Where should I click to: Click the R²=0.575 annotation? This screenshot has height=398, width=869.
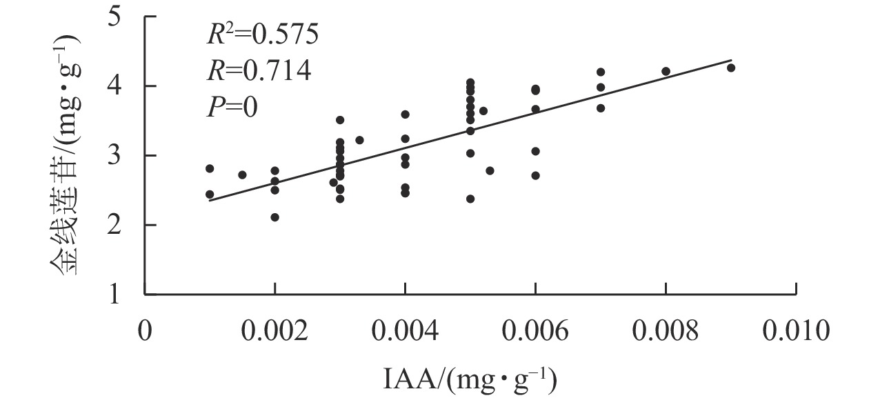point(263,34)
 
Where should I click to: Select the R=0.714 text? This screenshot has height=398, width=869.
point(259,70)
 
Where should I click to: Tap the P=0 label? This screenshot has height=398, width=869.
point(232,107)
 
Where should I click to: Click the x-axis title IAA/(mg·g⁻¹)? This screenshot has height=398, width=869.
point(470,379)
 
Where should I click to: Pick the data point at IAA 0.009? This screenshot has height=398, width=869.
point(731,68)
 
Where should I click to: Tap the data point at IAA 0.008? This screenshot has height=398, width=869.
point(666,71)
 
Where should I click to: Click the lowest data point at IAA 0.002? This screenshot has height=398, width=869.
point(274,217)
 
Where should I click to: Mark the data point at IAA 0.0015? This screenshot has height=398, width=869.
point(242,175)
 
